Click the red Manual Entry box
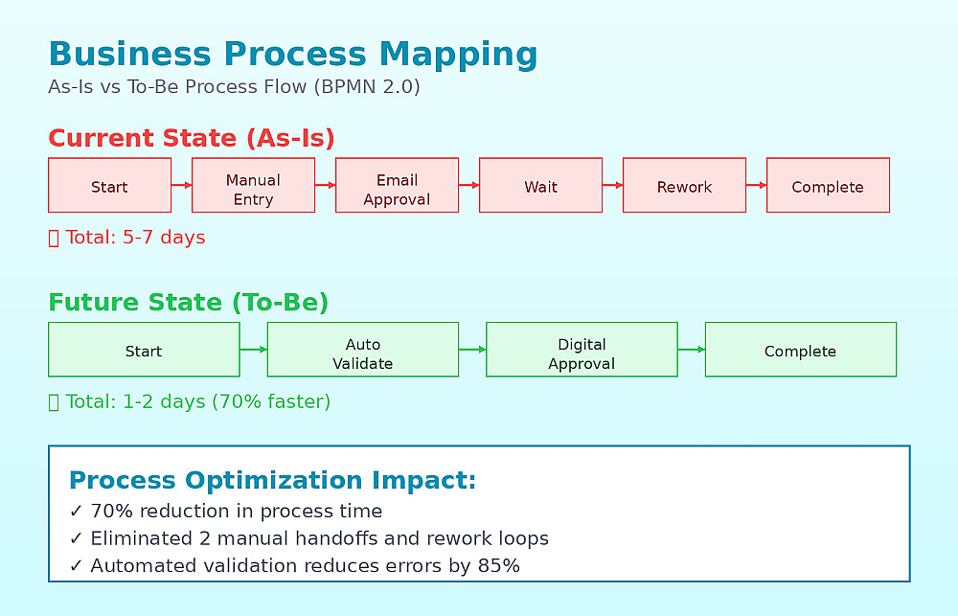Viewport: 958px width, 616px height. (254, 185)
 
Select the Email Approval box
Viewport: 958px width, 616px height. (398, 185)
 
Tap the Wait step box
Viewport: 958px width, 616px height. (540, 185)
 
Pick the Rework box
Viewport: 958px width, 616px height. (684, 185)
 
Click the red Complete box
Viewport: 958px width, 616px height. (828, 185)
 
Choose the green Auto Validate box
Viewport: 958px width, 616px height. (363, 350)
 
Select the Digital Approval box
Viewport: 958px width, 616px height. (582, 350)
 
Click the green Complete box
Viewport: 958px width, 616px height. (801, 350)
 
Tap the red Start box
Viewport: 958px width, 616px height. (110, 185)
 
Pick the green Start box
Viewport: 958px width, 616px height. (145, 350)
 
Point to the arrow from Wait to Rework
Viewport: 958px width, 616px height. (613, 185)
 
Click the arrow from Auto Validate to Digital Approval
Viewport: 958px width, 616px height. (472, 350)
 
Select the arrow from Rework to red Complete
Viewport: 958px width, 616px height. (757, 185)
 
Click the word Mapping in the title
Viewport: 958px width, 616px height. (458, 55)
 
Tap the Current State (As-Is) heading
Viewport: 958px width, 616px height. (192, 138)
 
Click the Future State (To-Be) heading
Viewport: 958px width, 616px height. (188, 303)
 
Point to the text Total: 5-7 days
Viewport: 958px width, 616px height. (135, 238)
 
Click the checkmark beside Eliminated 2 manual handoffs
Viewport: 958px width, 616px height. (76, 538)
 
